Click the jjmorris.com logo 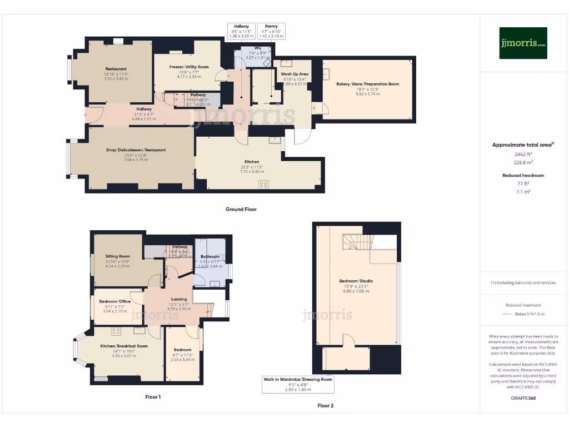[523, 43]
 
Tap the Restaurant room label [115, 69]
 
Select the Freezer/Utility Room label [189, 67]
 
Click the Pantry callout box [271, 31]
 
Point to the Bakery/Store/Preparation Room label [367, 84]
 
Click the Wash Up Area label [295, 74]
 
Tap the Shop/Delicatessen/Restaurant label [136, 150]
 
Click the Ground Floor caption [241, 210]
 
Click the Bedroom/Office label [114, 301]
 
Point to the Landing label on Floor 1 [179, 299]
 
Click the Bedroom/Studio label [356, 281]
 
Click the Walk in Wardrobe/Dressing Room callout [298, 384]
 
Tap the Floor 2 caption [326, 405]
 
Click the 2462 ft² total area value [522, 154]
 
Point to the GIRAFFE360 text [522, 399]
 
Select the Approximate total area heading [522, 145]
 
